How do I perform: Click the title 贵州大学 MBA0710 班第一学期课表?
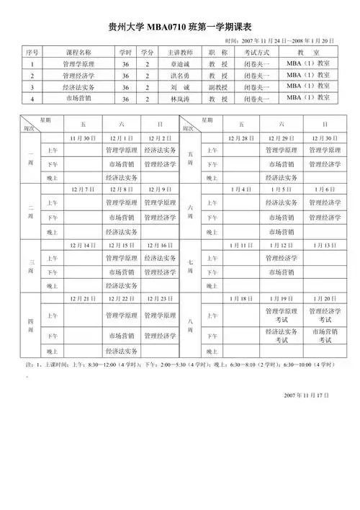[x=180, y=27]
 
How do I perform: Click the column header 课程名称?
[x=78, y=53]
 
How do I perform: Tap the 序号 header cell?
[x=32, y=53]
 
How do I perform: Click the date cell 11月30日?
[x=81, y=138]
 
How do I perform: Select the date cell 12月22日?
[x=121, y=297]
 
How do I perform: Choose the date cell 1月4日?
[x=240, y=189]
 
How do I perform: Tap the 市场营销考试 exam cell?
[x=323, y=336]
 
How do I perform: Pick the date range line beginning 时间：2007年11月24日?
[x=280, y=41]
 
